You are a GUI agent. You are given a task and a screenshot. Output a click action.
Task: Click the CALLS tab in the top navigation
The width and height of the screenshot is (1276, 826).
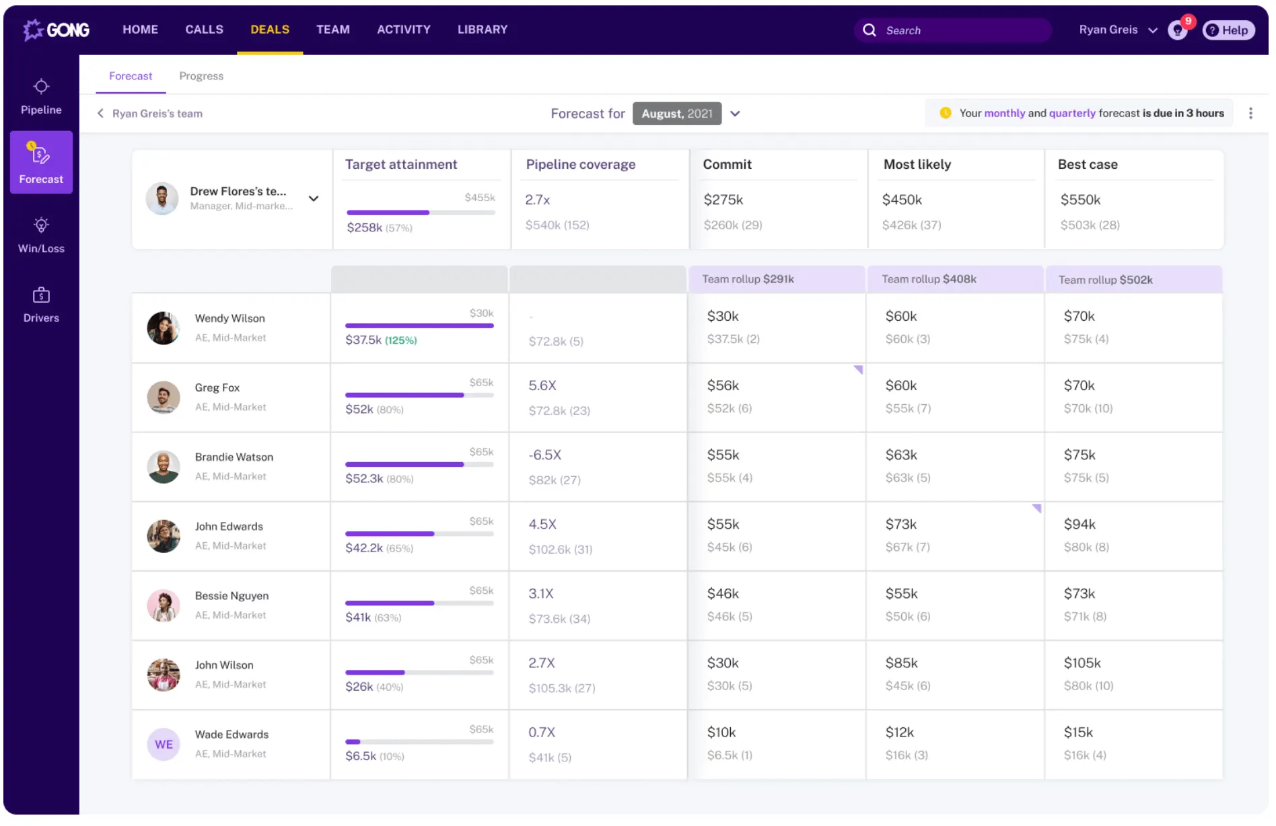tap(204, 30)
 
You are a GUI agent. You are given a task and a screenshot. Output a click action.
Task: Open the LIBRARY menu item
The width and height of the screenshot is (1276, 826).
tap(483, 30)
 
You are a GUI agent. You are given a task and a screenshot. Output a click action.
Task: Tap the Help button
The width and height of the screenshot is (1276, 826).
tap(1228, 30)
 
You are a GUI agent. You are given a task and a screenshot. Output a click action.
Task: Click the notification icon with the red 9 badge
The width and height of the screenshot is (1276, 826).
tap(1178, 30)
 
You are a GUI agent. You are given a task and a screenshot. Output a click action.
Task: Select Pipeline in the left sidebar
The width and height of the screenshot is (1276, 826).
tap(41, 97)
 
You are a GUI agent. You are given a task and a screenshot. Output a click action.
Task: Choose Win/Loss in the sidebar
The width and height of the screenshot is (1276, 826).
tap(41, 235)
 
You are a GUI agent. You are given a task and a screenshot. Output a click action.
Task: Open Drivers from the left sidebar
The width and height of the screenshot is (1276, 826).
tap(41, 305)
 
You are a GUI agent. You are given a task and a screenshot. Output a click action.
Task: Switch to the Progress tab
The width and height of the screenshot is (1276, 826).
tap(201, 76)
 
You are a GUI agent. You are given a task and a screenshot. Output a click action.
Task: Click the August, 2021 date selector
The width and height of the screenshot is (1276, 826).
tap(677, 114)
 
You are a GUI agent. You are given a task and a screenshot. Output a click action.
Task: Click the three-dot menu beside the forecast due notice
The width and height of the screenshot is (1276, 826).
tap(1250, 114)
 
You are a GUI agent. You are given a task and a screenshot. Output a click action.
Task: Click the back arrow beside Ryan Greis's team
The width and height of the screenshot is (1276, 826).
tap(100, 114)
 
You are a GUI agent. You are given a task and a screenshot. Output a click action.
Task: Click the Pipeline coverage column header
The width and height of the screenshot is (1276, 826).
tap(580, 164)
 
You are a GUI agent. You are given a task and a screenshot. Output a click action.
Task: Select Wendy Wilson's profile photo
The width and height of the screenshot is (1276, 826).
tap(164, 328)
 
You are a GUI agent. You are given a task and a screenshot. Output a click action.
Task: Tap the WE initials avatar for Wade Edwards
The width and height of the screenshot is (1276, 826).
tap(164, 745)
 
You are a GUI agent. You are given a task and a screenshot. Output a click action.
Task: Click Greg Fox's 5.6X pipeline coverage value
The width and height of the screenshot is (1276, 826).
tap(542, 385)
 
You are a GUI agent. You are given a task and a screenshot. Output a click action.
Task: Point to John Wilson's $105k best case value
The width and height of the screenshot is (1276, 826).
tap(1082, 663)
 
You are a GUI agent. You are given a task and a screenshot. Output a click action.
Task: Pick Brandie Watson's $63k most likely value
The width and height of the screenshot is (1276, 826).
tap(901, 455)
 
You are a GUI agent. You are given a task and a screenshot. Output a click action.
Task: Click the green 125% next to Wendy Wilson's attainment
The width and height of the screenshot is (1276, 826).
tap(400, 340)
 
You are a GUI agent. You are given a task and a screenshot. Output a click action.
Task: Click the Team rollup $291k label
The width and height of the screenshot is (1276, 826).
tap(748, 279)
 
